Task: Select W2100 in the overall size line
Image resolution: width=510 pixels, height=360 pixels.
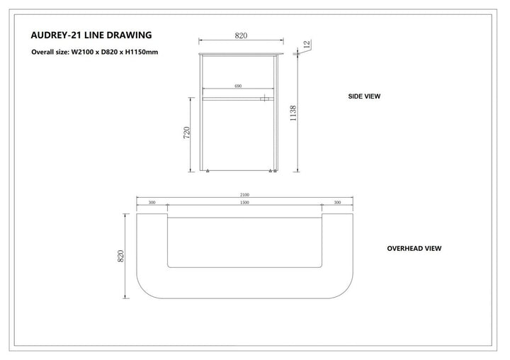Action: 82,52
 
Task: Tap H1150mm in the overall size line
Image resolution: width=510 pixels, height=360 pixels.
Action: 142,52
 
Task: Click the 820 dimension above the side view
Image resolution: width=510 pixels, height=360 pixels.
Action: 241,35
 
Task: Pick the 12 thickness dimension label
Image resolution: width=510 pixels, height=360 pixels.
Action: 307,44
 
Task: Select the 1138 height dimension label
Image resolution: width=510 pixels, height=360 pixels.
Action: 293,113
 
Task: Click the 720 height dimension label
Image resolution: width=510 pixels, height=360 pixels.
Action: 186,133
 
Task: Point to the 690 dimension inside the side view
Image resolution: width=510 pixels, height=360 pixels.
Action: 238,86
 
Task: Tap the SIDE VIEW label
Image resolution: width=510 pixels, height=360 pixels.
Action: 364,96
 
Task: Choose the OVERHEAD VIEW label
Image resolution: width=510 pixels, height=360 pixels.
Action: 414,248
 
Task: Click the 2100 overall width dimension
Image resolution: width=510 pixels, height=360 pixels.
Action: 244,195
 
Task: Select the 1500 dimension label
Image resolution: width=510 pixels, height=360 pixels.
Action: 244,203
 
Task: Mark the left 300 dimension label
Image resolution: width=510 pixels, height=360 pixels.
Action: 152,203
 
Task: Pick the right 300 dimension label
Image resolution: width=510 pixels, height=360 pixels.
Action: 338,203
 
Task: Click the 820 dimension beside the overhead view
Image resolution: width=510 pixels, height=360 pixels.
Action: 120,256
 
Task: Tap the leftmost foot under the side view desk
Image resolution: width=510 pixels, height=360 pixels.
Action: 208,171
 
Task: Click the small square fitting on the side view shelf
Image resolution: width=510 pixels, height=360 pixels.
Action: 264,98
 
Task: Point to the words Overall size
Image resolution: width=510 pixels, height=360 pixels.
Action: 50,52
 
